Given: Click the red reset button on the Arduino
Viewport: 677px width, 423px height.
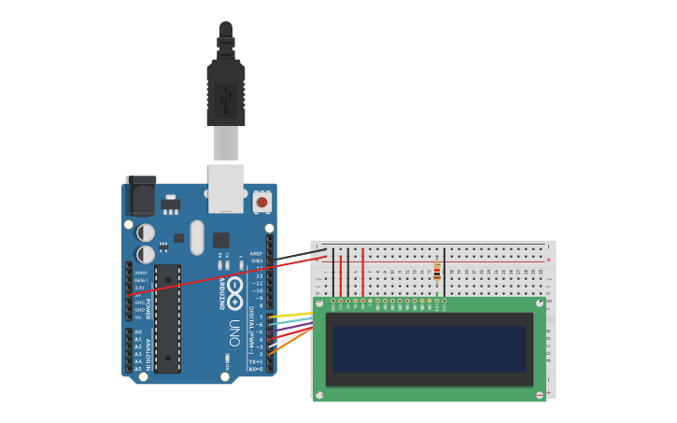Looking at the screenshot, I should tap(261, 202).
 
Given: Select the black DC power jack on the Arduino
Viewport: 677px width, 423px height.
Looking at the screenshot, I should tap(140, 197).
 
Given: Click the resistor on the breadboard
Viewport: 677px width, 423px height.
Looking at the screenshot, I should tap(437, 271).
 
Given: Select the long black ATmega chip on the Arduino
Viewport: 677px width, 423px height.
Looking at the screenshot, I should tap(168, 317).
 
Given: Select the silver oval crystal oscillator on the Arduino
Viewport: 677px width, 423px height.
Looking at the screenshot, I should tap(196, 237).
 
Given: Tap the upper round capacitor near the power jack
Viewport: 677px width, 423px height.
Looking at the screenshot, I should tap(146, 232).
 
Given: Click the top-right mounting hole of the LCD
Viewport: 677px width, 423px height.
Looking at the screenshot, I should tap(540, 303).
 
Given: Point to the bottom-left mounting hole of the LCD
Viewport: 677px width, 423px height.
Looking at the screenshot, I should tap(319, 395).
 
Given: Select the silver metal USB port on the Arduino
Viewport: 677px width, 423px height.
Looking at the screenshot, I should tap(226, 189).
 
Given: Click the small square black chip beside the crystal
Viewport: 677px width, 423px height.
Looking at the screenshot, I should tap(220, 240).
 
